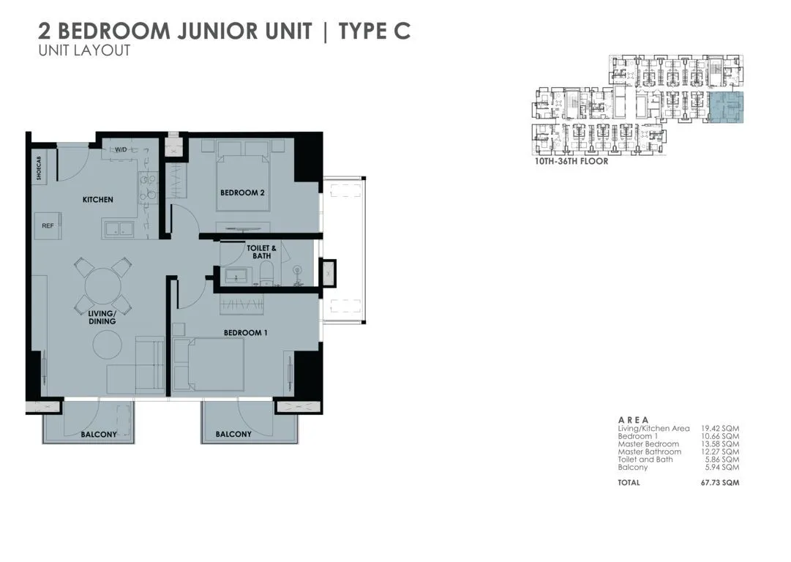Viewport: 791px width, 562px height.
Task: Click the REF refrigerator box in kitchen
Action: tap(48, 225)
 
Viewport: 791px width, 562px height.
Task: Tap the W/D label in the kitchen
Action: tap(121, 149)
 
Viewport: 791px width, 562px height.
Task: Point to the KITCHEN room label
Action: tap(97, 199)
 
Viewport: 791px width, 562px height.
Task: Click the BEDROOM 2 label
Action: tap(242, 192)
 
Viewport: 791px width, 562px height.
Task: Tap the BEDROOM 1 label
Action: tap(245, 333)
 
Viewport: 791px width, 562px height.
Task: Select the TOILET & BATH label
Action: tap(261, 252)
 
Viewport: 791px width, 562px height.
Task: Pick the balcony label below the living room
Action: tap(99, 434)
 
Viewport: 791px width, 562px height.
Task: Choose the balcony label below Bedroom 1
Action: tap(233, 434)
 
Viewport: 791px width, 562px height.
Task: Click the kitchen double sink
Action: tap(119, 229)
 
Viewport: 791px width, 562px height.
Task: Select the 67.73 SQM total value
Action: tap(720, 483)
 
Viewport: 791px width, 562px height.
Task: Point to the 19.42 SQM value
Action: tap(721, 428)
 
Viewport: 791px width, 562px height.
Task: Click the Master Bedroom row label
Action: tap(648, 443)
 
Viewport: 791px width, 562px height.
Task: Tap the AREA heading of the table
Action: tap(633, 420)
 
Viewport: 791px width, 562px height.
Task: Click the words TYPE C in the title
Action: tap(374, 31)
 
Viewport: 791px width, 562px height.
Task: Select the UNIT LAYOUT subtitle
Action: tap(84, 50)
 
